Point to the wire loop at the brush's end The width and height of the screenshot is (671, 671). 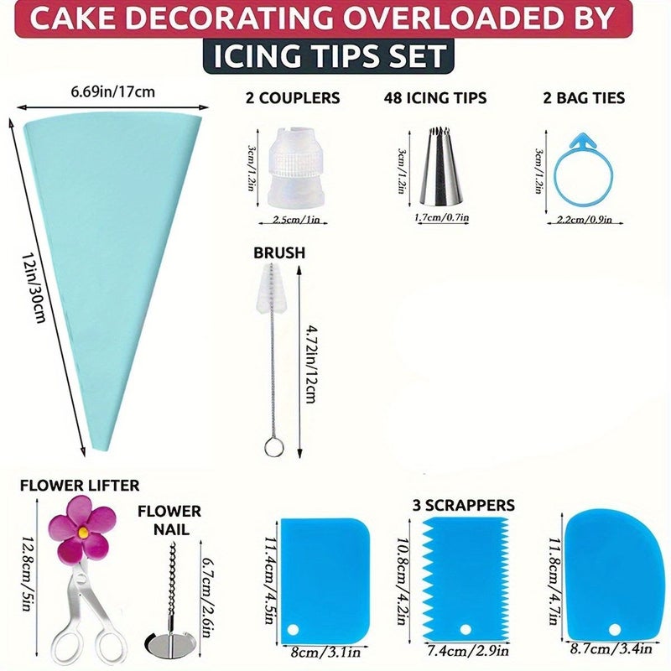pyautogui.click(x=274, y=446)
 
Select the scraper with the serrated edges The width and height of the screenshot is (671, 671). pyautogui.click(x=466, y=580)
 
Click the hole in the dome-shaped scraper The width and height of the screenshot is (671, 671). pyautogui.click(x=615, y=630)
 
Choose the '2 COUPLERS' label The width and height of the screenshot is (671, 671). pyautogui.click(x=293, y=98)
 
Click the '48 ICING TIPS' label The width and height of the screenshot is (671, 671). pyautogui.click(x=435, y=98)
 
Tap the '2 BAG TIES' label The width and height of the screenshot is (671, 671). pyautogui.click(x=584, y=98)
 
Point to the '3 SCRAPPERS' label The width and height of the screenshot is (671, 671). pyautogui.click(x=464, y=505)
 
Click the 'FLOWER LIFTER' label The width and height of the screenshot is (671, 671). pyautogui.click(x=80, y=486)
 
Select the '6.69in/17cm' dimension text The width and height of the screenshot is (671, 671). pyautogui.click(x=112, y=91)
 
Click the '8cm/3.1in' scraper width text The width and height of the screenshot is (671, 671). pyautogui.click(x=325, y=653)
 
